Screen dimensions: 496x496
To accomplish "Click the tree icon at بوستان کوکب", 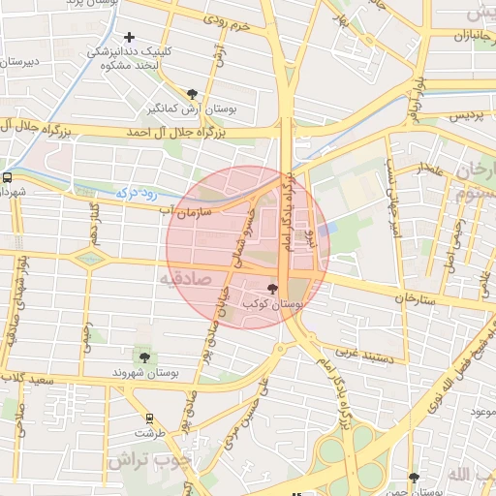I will (x=272, y=288).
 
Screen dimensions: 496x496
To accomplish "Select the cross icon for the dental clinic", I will (x=129, y=38).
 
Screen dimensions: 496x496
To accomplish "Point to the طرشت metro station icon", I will (x=148, y=418).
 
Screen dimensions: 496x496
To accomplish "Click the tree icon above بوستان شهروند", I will (x=144, y=357).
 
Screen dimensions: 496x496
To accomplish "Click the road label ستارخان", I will (x=417, y=297).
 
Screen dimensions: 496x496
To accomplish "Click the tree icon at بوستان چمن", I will (x=414, y=478).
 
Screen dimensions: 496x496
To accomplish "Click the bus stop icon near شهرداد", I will (x=8, y=177).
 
